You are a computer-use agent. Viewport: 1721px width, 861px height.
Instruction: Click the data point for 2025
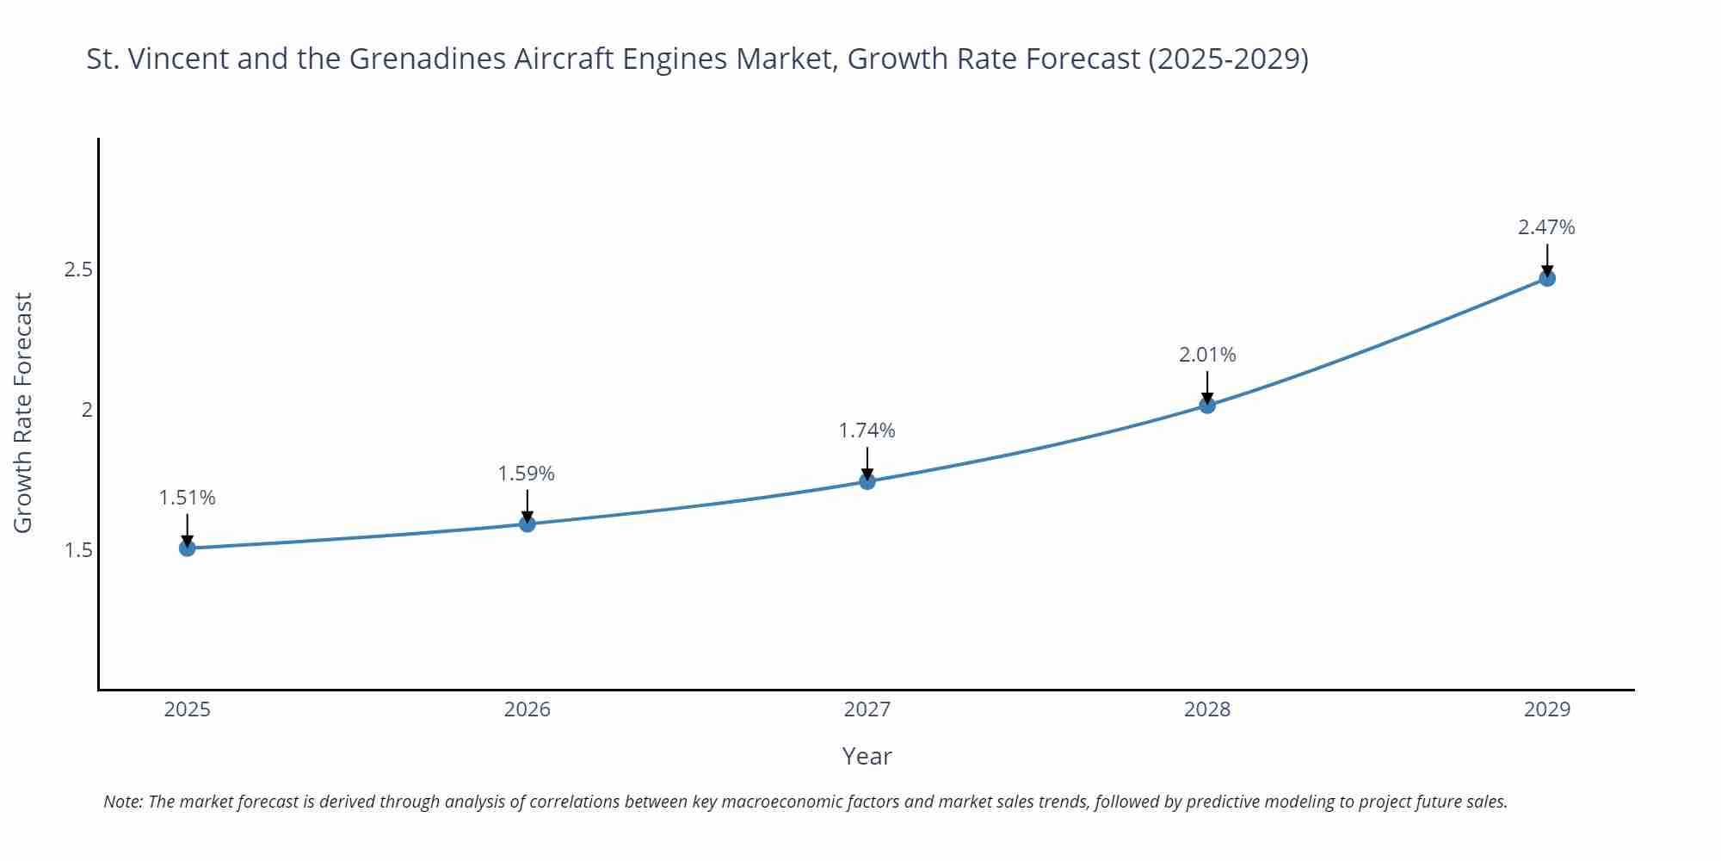click(188, 548)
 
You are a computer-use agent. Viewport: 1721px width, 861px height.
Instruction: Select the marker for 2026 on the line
click(527, 523)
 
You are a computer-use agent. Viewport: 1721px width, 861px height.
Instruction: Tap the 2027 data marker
click(867, 481)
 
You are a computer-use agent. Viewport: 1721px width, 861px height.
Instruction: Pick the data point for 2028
click(1207, 405)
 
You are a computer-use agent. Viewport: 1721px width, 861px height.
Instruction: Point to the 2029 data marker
click(1547, 278)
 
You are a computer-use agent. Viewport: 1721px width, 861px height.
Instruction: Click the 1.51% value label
click(188, 498)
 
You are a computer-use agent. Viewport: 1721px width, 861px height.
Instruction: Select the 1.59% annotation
click(527, 474)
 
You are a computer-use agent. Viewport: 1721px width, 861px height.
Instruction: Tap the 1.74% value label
click(867, 430)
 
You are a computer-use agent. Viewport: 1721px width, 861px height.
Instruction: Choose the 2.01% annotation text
click(1207, 355)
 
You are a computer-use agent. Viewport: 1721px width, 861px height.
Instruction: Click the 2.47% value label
click(1546, 227)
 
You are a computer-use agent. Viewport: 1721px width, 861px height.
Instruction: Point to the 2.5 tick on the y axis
click(78, 269)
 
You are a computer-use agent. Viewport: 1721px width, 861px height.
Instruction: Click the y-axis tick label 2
click(87, 410)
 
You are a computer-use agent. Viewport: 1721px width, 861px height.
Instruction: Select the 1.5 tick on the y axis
click(78, 550)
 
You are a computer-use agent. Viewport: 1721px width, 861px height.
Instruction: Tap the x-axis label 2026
click(527, 709)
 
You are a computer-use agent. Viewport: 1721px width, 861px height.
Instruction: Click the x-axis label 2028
click(1207, 709)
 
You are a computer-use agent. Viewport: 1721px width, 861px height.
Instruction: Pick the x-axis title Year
click(867, 756)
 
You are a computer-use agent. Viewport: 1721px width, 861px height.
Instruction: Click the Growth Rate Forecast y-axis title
click(23, 412)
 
